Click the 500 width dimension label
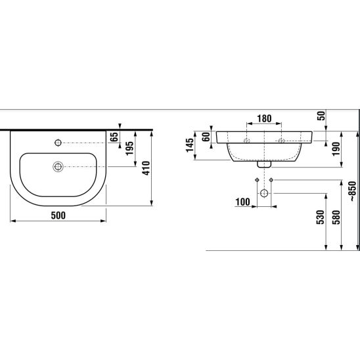pyautogui.click(x=58, y=215)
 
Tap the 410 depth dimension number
pyautogui.click(x=146, y=168)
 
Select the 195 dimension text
pyautogui.click(x=129, y=148)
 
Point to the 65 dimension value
pyautogui.click(x=114, y=137)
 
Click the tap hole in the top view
pyautogui.click(x=58, y=143)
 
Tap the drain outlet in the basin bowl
pyautogui.click(x=58, y=167)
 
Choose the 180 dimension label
pyautogui.click(x=264, y=119)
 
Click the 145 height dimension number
pyautogui.click(x=190, y=145)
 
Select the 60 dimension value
pyautogui.click(x=206, y=137)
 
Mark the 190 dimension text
pyautogui.click(x=336, y=149)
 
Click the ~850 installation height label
pyautogui.click(x=352, y=191)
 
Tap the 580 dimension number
pyautogui.click(x=336, y=217)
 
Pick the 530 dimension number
pyautogui.click(x=321, y=217)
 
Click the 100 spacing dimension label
pyautogui.click(x=242, y=202)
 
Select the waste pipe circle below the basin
pyautogui.click(x=264, y=193)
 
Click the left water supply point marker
pyautogui.click(x=257, y=180)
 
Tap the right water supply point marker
pyautogui.click(x=271, y=180)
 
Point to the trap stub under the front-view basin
pyautogui.click(x=264, y=164)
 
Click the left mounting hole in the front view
pyautogui.click(x=246, y=141)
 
